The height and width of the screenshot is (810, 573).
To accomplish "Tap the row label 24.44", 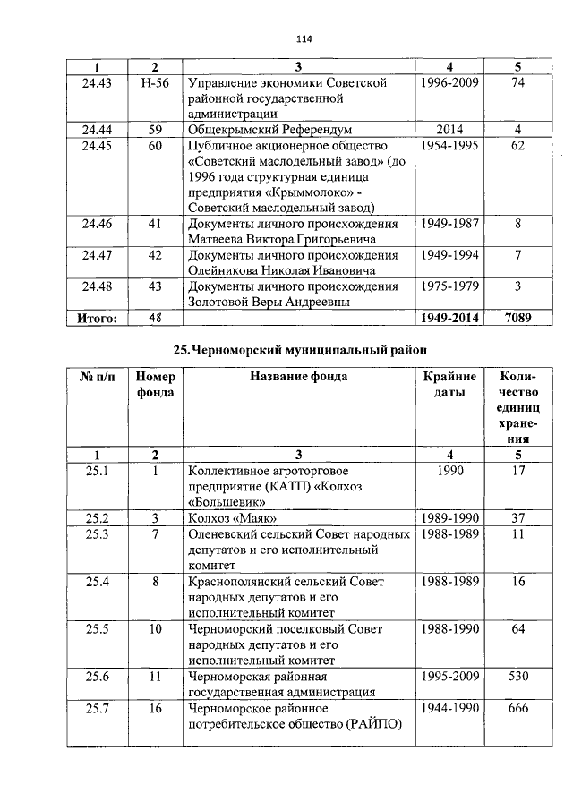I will point(96,130).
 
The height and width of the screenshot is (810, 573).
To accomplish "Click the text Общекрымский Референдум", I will point(269,130).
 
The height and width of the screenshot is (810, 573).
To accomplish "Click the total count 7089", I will point(517,318).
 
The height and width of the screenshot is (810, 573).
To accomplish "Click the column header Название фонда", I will point(298,377).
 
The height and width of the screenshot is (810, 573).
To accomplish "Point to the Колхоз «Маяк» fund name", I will point(232,518).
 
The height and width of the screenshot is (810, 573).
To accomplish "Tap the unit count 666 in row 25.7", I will point(517,708).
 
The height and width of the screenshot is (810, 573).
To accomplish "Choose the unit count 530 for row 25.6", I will point(517,676).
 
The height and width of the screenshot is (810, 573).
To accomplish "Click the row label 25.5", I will point(96,629).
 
